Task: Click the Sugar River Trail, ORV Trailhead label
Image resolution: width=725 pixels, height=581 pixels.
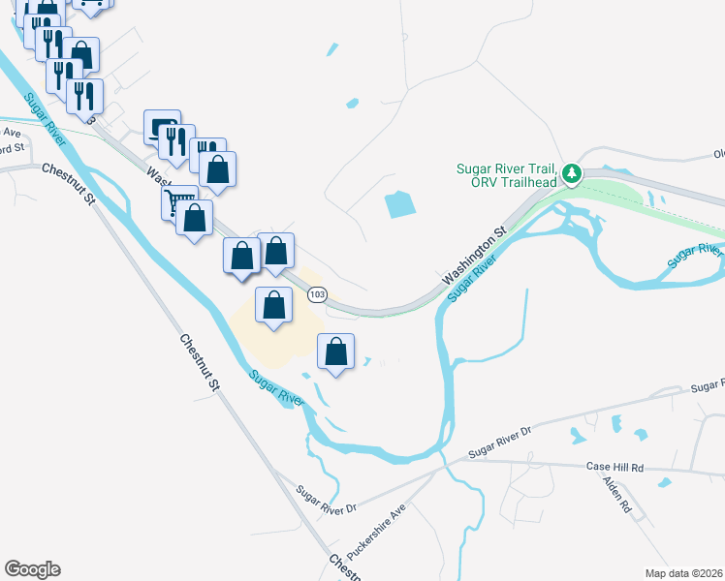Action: point(506,175)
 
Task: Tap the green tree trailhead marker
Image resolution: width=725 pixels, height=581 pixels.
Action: point(573,174)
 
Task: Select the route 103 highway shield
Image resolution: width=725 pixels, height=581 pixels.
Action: point(317,293)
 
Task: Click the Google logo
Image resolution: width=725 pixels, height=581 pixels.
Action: point(32,569)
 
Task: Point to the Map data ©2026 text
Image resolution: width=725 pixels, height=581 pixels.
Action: point(684,572)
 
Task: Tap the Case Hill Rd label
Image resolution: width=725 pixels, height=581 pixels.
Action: point(615,467)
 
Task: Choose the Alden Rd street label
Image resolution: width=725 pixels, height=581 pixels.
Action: point(616,493)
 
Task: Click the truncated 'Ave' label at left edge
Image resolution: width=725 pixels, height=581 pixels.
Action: point(12,133)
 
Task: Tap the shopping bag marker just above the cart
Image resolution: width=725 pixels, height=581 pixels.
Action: point(219,168)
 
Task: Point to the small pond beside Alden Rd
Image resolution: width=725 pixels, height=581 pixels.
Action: point(664,482)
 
